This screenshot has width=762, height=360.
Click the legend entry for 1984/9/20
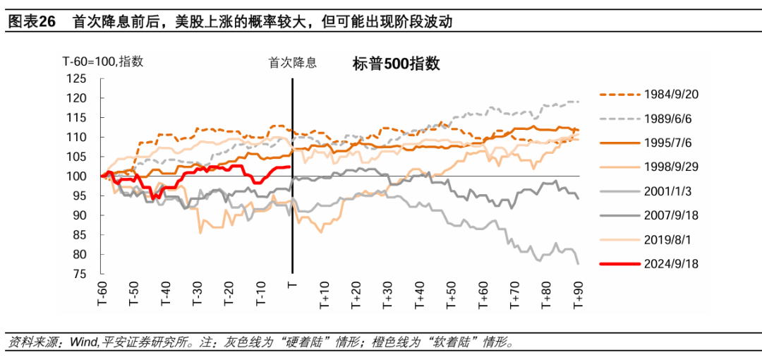[x=671, y=94]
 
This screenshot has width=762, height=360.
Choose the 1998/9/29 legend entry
[x=671, y=167]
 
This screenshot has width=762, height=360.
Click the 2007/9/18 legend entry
[x=671, y=215]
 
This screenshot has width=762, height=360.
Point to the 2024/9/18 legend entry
[x=671, y=264]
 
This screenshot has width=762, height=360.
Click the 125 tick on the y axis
[x=75, y=78]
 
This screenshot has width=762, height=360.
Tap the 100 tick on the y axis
[x=75, y=176]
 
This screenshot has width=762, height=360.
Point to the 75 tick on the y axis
[x=78, y=274]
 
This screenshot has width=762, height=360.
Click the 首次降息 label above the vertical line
[x=292, y=62]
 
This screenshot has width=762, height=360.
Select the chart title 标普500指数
[x=396, y=64]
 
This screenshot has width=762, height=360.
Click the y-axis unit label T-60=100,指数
[x=102, y=61]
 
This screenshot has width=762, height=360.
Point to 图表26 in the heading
[x=31, y=21]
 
